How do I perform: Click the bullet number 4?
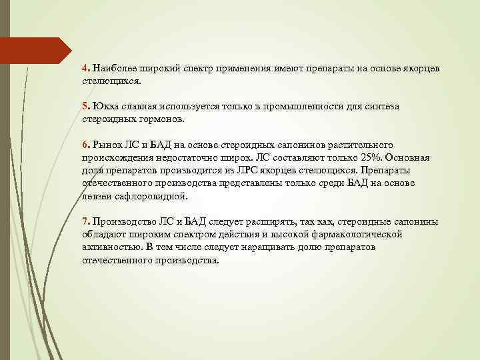pos(85,69)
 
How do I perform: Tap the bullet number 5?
pos(85,107)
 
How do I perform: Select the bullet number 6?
pos(85,145)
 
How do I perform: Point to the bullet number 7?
pos(85,221)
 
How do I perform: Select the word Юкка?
pos(104,107)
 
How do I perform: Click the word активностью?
pos(111,247)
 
